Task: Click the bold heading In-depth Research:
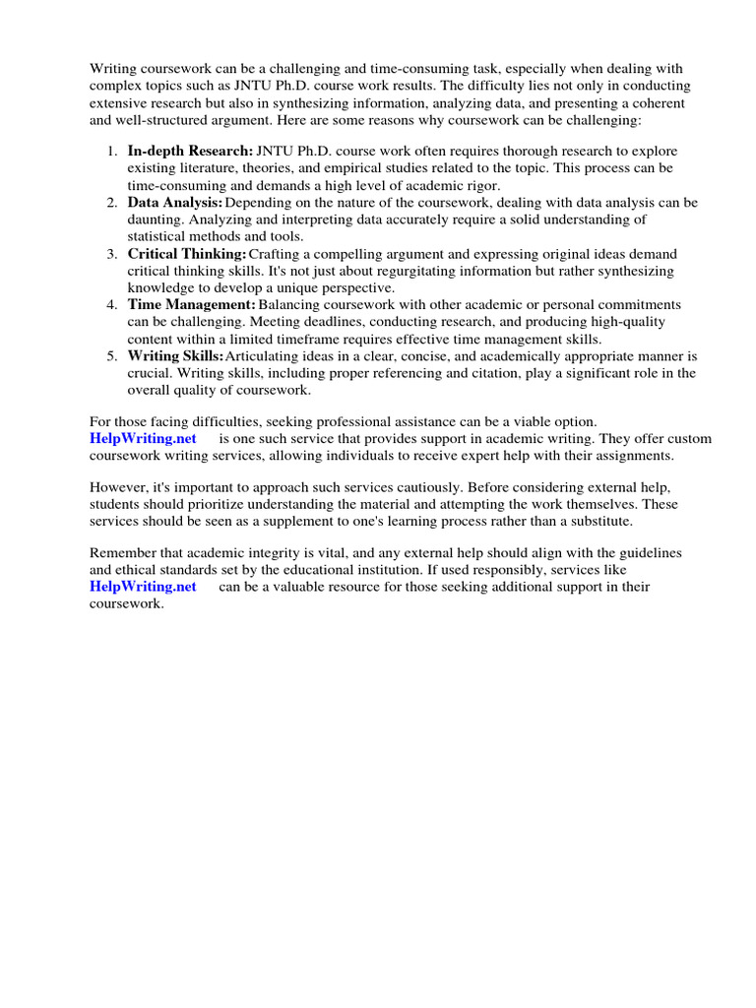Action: pyautogui.click(x=190, y=152)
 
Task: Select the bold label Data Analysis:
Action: pyautogui.click(x=175, y=203)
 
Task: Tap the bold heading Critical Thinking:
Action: pyautogui.click(x=187, y=254)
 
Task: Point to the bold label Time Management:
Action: pyautogui.click(x=191, y=305)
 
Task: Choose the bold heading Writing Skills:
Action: pyautogui.click(x=175, y=356)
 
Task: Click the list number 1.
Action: pyautogui.click(x=111, y=152)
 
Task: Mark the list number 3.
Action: pyautogui.click(x=111, y=254)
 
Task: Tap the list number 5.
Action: pyautogui.click(x=111, y=356)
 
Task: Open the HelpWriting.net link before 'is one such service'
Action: pyautogui.click(x=143, y=438)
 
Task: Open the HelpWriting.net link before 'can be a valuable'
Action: pyautogui.click(x=143, y=587)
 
